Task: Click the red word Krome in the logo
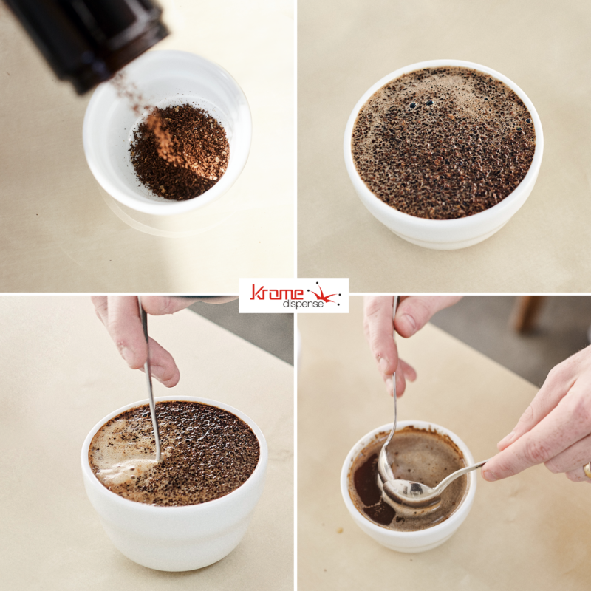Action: (276, 292)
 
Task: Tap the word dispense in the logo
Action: (303, 304)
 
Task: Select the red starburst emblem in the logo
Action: (324, 294)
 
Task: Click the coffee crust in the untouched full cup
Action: (443, 143)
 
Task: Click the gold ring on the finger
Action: (587, 470)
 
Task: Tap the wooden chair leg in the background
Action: (527, 313)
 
